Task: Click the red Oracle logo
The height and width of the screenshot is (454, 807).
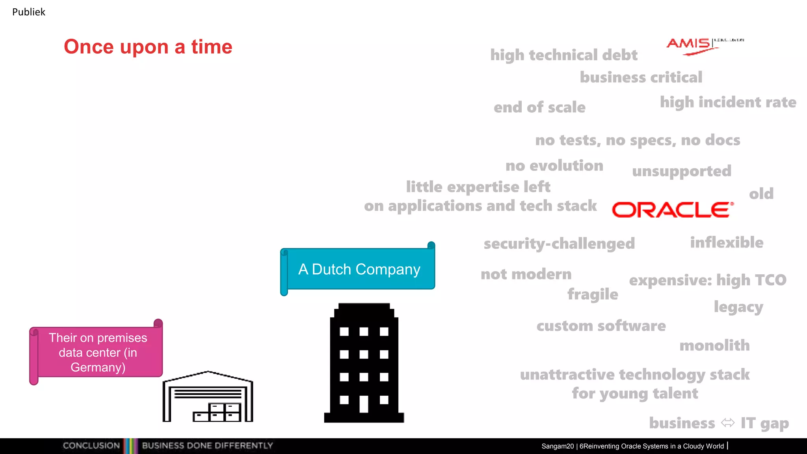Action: coord(673,210)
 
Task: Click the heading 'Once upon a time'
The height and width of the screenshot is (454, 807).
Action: coord(148,47)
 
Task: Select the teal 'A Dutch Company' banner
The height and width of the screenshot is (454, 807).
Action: coord(359,269)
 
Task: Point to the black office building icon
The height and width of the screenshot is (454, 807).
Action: coord(364,363)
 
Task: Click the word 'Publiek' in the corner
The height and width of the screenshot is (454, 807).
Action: coord(29,12)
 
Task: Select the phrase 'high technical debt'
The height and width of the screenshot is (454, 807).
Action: coord(563,55)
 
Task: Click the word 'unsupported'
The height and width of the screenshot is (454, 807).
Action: coord(682,171)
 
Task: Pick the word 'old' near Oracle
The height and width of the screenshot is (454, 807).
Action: coord(761,194)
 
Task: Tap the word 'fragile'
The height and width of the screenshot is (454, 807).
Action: coord(593,294)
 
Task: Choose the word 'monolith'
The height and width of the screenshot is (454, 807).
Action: coord(714,346)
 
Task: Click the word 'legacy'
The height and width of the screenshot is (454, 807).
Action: coord(738,307)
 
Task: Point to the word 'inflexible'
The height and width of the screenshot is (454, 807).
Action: coord(727,243)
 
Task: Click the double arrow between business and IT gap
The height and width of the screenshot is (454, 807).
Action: coord(728,423)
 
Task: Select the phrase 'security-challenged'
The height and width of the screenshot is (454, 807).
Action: coord(559,244)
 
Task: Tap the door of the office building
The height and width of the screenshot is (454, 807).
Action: coord(364,404)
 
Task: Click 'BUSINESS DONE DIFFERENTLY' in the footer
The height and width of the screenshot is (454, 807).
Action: coord(207,446)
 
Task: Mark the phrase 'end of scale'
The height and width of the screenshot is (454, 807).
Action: coord(539,107)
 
